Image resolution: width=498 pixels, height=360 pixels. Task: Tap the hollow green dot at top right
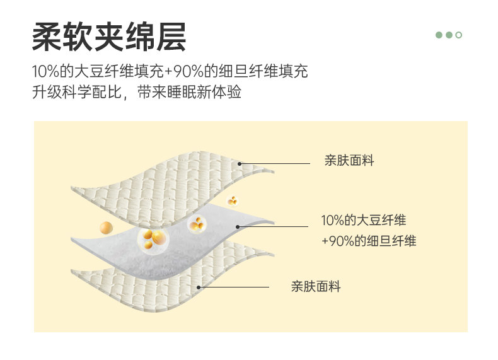pyautogui.click(x=459, y=35)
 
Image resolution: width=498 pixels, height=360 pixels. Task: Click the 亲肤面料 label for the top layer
pyautogui.click(x=349, y=161)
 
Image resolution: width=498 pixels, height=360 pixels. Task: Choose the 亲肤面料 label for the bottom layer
pyautogui.click(x=316, y=287)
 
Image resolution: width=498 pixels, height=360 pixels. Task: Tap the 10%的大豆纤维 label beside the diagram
pyautogui.click(x=364, y=221)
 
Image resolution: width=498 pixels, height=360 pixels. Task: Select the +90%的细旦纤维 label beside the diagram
pyautogui.click(x=369, y=241)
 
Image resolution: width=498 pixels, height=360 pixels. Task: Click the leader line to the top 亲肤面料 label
pyautogui.click(x=275, y=163)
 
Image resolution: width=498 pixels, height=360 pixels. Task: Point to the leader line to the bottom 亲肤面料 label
pyautogui.click(x=235, y=287)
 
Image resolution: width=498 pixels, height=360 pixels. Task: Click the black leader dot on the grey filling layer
pyautogui.click(x=237, y=226)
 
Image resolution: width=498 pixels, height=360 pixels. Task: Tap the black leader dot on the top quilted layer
pyautogui.click(x=240, y=163)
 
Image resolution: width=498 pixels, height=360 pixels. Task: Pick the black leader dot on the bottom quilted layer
pyautogui.click(x=199, y=287)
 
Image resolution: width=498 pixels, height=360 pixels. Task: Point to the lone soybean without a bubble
pyautogui.click(x=107, y=227)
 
